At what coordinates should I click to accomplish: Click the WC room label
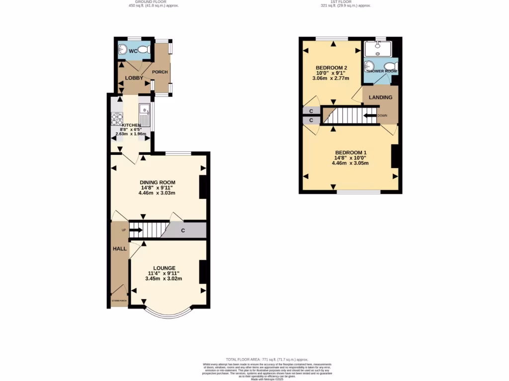(133, 51)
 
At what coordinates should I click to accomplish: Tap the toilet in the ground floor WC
(144, 50)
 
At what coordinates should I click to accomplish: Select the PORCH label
(160, 72)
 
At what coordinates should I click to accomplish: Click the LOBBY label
(134, 78)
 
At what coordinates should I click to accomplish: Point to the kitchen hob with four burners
(117, 119)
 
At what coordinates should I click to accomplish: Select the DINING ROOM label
(158, 182)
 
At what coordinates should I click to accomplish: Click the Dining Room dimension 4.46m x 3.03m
(158, 193)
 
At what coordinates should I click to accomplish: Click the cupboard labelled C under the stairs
(183, 231)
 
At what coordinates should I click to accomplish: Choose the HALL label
(119, 248)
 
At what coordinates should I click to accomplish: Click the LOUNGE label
(164, 268)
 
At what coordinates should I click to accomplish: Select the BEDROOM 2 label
(331, 68)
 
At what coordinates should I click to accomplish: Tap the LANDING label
(381, 97)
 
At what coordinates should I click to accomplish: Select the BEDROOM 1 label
(350, 152)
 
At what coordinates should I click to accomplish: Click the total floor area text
(267, 359)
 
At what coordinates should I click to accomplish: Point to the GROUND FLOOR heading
(154, 1)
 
